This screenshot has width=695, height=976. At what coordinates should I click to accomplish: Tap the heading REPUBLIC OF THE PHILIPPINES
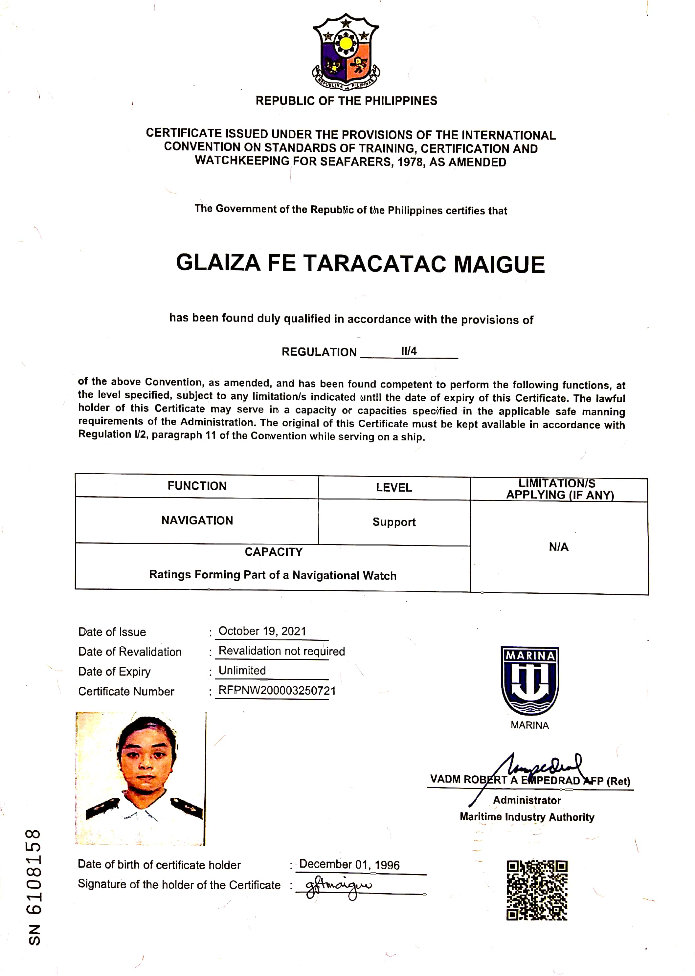[346, 101]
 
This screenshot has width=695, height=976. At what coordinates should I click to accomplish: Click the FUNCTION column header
[197, 486]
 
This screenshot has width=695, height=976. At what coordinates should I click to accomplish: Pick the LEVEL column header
[394, 487]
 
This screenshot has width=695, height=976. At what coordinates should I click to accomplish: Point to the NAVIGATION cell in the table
[197, 520]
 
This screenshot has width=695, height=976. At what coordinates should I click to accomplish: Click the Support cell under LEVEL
[394, 522]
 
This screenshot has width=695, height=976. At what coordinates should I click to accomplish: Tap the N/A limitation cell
[558, 547]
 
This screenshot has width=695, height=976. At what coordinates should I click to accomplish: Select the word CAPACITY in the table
[274, 552]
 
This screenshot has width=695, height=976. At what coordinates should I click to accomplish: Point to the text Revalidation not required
[281, 651]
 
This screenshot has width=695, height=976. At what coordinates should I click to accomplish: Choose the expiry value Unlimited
[242, 671]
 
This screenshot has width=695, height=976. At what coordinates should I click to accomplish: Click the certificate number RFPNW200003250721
[277, 690]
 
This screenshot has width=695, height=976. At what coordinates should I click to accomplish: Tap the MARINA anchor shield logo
[529, 680]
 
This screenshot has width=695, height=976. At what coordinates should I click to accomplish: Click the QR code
[537, 890]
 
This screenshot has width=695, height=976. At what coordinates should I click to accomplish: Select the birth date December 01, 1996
[349, 865]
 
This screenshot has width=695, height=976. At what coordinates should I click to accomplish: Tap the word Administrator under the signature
[527, 800]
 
